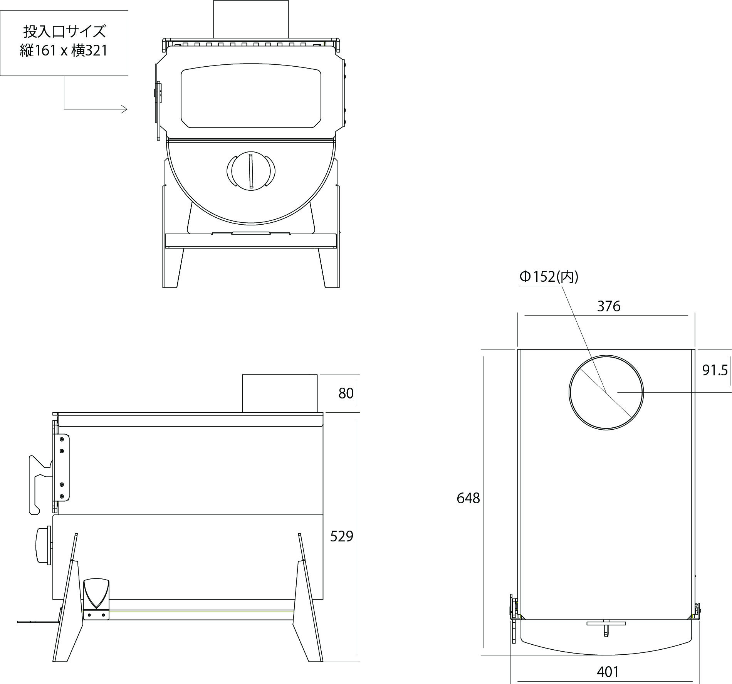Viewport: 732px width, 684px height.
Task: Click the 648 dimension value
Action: [x=468, y=498]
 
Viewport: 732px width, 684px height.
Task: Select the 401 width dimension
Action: [x=608, y=672]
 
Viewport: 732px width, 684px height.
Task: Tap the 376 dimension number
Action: [x=609, y=306]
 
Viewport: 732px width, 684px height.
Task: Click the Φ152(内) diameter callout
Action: [x=549, y=277]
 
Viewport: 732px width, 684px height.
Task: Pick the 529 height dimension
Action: [x=341, y=536]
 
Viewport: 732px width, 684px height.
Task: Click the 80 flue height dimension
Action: [x=346, y=393]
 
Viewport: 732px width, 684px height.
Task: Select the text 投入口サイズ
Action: [x=64, y=32]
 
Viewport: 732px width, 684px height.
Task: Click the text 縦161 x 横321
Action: [x=64, y=50]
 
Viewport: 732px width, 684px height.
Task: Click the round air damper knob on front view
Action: [x=251, y=171]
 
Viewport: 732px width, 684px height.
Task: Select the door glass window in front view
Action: [x=251, y=98]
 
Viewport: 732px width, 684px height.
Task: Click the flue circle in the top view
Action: [x=606, y=392]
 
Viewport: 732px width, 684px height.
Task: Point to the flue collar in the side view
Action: [x=280, y=393]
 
